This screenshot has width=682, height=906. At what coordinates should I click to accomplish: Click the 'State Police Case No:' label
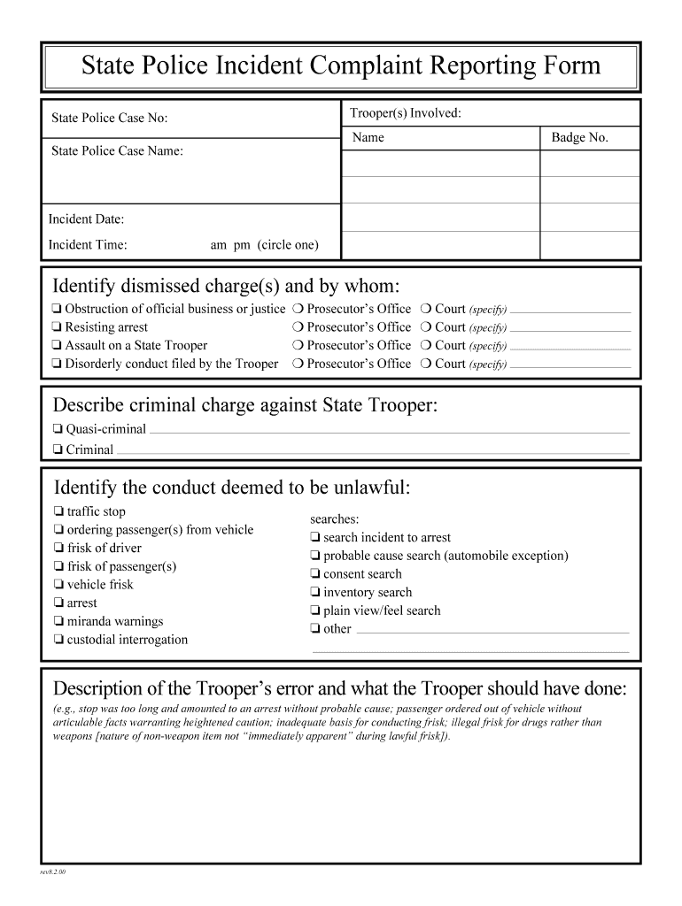click(109, 119)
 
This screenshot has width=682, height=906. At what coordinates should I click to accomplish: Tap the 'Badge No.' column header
click(579, 138)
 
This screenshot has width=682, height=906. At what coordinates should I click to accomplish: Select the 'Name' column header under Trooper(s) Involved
click(368, 138)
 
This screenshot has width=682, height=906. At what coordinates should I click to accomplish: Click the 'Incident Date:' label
click(86, 219)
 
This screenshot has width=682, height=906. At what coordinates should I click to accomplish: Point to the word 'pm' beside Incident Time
click(241, 245)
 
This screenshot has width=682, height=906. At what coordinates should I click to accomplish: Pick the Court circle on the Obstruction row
click(426, 310)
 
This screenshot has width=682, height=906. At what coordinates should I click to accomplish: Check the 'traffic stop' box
click(58, 512)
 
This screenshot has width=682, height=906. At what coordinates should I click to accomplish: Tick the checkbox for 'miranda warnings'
click(58, 622)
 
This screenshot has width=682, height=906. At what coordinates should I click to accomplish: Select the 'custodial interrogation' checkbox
click(58, 641)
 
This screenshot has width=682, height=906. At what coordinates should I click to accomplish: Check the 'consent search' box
click(314, 575)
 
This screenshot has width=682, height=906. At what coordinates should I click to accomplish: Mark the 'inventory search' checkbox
click(314, 593)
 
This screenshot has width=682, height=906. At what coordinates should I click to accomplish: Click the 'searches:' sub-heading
click(334, 519)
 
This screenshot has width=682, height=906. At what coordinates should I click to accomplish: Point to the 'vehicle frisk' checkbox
click(58, 585)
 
